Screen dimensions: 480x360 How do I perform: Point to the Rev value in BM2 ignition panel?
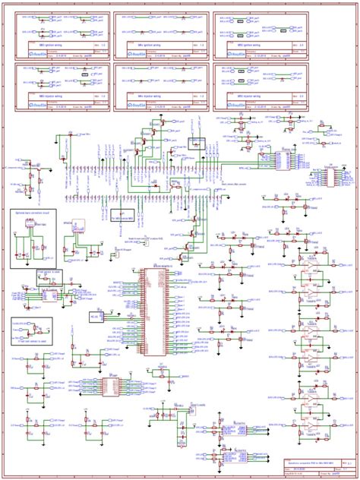coord(300,47)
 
